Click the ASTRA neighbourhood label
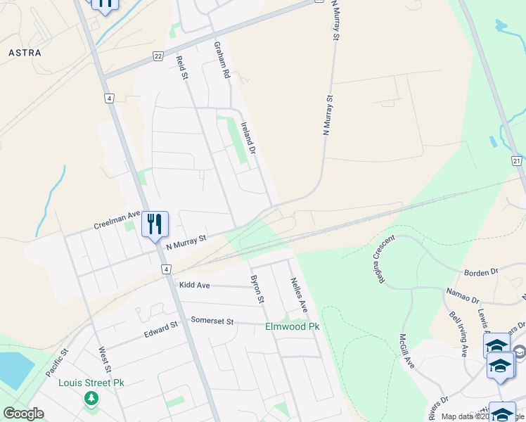pos(25,53)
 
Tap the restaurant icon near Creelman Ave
pos(155,224)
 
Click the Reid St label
pos(183,68)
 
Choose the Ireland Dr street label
pos(248,138)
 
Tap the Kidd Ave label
pos(195,285)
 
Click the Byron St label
pos(257,289)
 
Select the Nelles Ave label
pos(299,295)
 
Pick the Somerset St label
pos(212,321)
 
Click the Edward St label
pos(162,328)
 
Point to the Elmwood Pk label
pos(292,326)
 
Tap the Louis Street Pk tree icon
pos(91,399)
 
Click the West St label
pos(105,359)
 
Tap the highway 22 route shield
pos(158,56)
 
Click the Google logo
pos(23,414)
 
